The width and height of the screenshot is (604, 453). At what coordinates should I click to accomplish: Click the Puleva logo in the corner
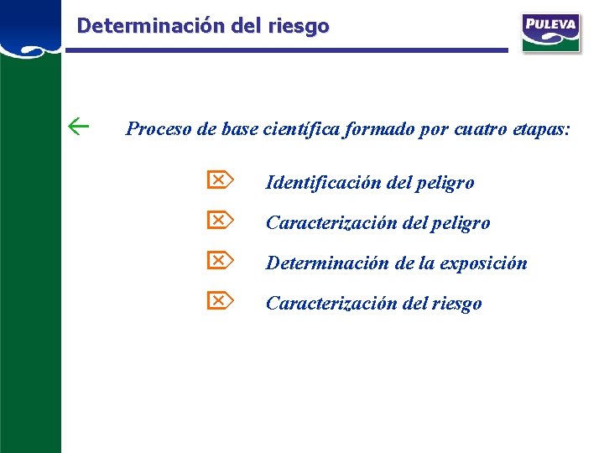tap(549, 31)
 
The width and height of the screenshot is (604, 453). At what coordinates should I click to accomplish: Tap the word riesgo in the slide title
tap(299, 26)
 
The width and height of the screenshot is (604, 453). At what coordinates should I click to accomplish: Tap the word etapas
tap(535, 130)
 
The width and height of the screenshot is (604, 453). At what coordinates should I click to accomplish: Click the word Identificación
tap(323, 182)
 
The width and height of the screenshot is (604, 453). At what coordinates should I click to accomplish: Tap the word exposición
tap(487, 263)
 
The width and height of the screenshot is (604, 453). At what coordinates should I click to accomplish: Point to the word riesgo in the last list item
tap(457, 304)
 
